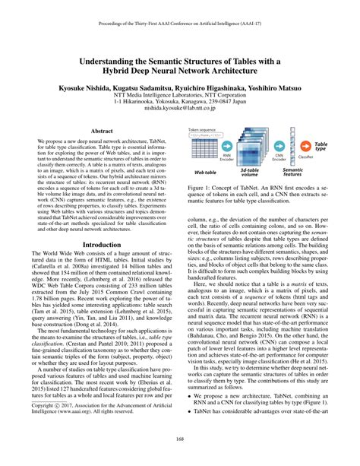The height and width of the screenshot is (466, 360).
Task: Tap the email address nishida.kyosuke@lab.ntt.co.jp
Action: [180, 108]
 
